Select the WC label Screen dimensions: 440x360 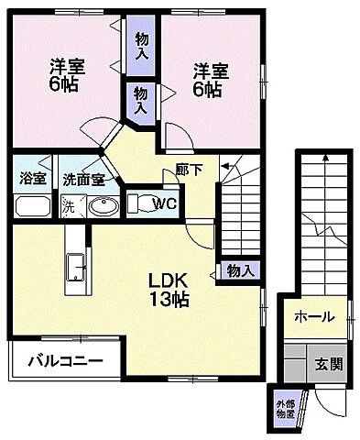pos(165,203)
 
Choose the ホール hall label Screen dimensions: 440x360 pos(313,317)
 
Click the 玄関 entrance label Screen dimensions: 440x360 pos(330,363)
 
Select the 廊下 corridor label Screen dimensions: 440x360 pos(189,170)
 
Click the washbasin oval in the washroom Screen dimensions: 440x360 pos(104,204)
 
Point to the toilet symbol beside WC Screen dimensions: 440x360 pos(140,203)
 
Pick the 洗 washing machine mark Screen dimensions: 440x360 pos(68,205)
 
